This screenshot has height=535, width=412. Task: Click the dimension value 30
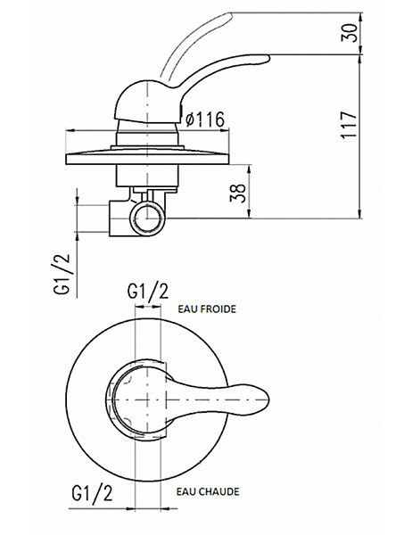(350, 33)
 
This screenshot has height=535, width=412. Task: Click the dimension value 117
(350, 125)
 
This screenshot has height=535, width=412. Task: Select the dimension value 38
(238, 193)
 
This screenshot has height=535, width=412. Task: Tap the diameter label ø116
(205, 119)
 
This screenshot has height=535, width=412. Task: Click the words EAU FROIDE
(207, 309)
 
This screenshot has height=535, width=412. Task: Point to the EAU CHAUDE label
(208, 491)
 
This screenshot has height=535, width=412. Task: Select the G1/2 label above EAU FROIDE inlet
(148, 292)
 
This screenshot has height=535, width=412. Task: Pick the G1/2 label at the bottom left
(92, 493)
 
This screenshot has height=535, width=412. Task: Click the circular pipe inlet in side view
(147, 218)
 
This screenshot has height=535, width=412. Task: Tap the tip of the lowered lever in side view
(269, 59)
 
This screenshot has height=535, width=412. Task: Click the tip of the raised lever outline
(231, 14)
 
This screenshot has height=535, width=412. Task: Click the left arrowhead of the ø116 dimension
(70, 130)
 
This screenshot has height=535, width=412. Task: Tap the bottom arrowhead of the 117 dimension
(359, 214)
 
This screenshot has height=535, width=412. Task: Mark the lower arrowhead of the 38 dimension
(251, 214)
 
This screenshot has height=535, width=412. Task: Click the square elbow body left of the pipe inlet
(120, 218)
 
